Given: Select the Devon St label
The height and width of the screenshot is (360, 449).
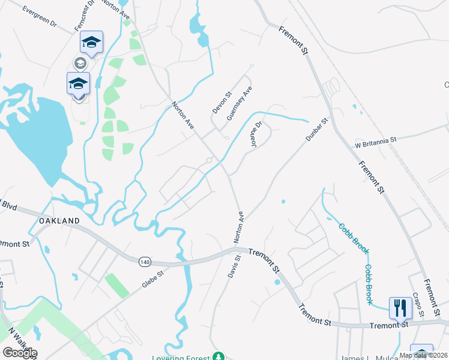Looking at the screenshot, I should (x=221, y=103).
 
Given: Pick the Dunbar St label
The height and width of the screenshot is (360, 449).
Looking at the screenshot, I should (x=318, y=129).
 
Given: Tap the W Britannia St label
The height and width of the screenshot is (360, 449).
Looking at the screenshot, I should (x=376, y=140).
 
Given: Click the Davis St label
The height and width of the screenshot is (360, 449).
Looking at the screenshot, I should (x=234, y=266).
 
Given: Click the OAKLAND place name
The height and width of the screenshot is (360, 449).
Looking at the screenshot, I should (x=59, y=221).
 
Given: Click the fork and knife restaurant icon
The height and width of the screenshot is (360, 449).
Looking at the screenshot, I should (x=400, y=308).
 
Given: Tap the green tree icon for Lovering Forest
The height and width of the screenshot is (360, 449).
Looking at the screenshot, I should (x=219, y=357).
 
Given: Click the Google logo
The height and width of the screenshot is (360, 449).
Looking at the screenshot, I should (x=19, y=353).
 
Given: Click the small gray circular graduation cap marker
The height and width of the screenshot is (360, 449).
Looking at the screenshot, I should (x=79, y=62).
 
